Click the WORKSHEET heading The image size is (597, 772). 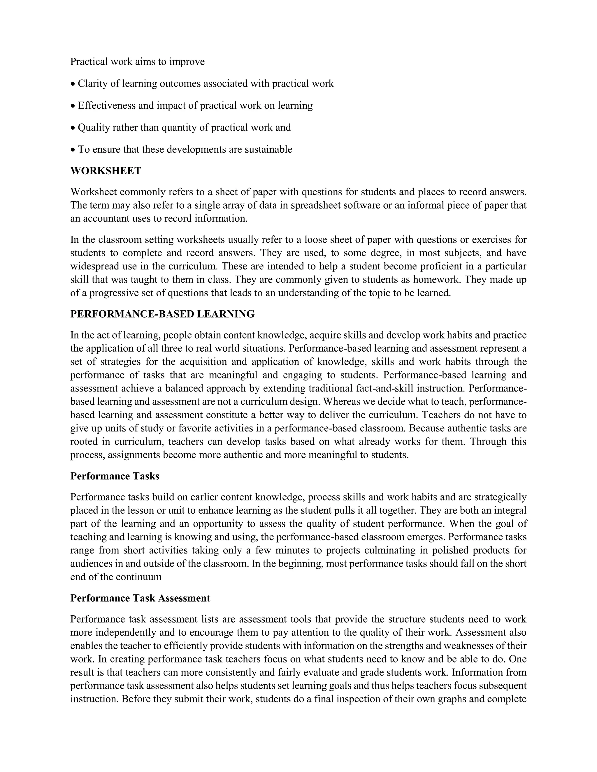(106, 171)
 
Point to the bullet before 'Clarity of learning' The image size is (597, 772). (73, 84)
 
